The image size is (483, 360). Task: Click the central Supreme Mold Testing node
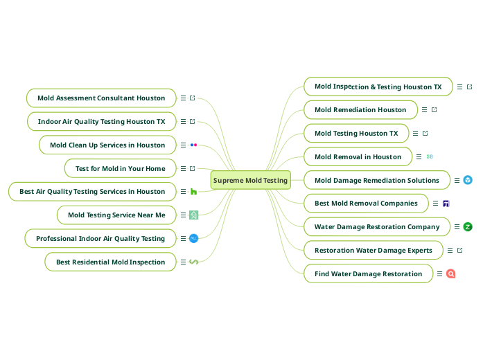coord(250,180)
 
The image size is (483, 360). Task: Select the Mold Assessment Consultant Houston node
coord(101,98)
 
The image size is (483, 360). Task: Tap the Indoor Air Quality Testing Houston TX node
coord(101,122)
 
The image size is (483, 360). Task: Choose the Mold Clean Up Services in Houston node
coord(107,145)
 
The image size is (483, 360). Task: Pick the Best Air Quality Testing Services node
coord(92,192)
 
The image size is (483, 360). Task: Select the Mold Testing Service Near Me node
coord(116,215)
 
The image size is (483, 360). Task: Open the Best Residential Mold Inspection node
coord(110,262)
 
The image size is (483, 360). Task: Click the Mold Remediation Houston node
coord(360,109)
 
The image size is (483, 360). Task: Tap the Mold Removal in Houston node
coord(358,156)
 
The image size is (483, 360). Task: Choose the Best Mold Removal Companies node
coord(366,204)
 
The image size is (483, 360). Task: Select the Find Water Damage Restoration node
coord(368,273)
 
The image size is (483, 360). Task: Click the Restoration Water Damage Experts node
coord(373,250)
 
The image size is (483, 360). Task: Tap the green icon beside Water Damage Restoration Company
coord(468,226)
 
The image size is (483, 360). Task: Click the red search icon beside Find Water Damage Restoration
coord(450,273)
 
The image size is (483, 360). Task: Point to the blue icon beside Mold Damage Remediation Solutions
coord(468,180)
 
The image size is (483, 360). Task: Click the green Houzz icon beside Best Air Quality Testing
coord(193,192)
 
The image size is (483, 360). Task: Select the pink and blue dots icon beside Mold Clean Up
coord(193,145)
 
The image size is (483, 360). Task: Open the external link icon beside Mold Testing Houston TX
coord(425,133)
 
